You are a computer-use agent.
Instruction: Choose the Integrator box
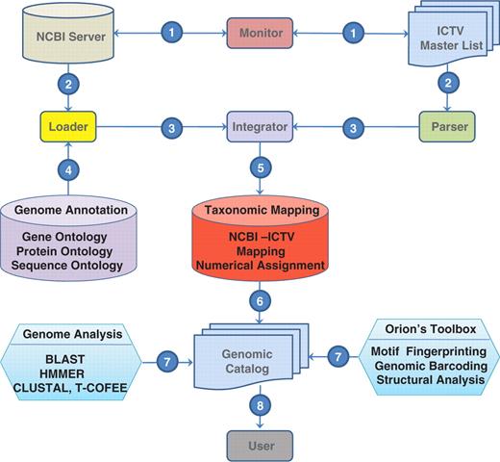(x=257, y=125)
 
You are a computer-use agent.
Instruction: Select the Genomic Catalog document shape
(x=256, y=363)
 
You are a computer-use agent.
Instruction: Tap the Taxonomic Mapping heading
(x=257, y=207)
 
